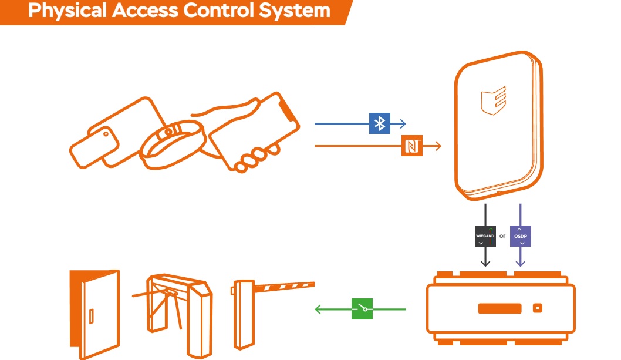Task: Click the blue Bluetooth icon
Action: point(379,123)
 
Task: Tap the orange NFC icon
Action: point(412,146)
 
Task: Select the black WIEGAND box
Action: point(485,236)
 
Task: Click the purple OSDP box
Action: point(521,236)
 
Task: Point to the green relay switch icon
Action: point(362,309)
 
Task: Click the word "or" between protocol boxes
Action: point(502,236)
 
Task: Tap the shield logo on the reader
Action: point(494,100)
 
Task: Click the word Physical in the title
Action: point(67,11)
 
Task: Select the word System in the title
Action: point(294,11)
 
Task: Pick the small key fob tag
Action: point(94,147)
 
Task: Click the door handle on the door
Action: point(92,317)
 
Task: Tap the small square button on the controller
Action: point(538,308)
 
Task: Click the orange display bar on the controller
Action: point(500,308)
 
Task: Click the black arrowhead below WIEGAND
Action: point(485,263)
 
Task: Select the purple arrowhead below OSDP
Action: point(521,263)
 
